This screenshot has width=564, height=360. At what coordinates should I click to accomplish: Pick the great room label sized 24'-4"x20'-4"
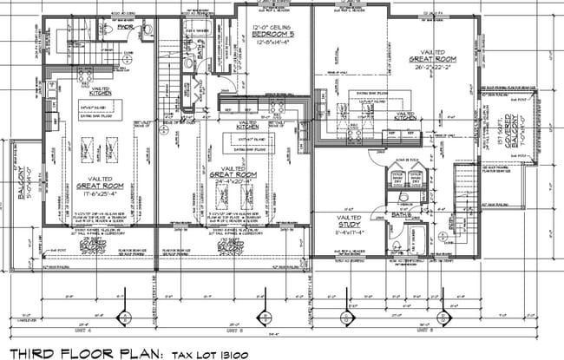tap(236, 177)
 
